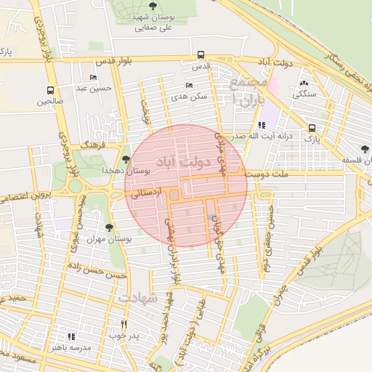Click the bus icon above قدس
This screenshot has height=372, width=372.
coord(201,54)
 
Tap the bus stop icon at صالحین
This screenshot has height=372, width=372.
coord(50,91)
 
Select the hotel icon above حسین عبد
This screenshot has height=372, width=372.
coord(92,77)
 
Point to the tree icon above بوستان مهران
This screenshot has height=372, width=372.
coord(109,227)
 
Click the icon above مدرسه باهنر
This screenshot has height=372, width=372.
coord(70,336)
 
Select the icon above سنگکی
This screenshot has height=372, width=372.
coord(303,82)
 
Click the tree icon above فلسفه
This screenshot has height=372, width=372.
coord(365,149)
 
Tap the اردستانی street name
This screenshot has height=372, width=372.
coord(145,192)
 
